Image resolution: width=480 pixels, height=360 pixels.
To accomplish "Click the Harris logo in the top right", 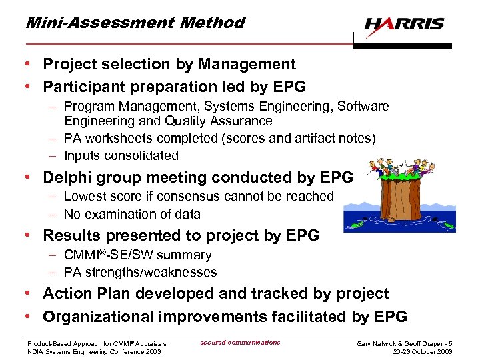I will [x=404, y=24].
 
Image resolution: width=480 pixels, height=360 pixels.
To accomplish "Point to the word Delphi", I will [x=67, y=177].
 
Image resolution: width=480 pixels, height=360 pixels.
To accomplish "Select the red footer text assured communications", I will [x=240, y=343].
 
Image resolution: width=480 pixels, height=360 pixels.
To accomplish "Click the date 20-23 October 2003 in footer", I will [x=422, y=352].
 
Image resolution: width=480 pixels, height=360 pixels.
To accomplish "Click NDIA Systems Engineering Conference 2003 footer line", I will [x=94, y=352].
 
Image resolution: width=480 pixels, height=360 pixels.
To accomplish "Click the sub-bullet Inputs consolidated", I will [x=121, y=156].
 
